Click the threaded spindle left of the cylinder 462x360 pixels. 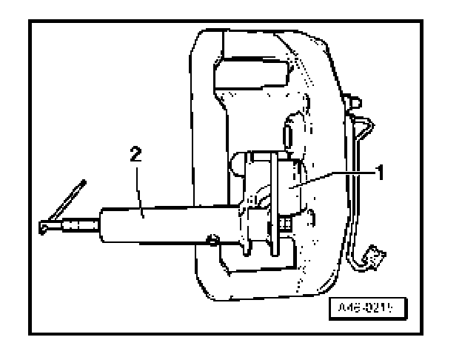tap(77, 224)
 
